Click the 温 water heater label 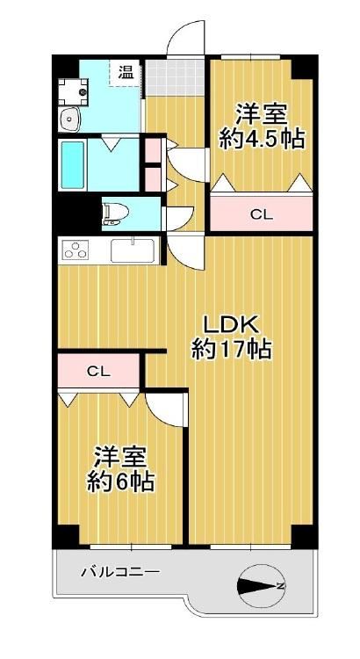click(x=126, y=73)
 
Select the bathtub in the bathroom click(x=73, y=165)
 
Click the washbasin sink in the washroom click(x=69, y=119)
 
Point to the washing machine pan click(x=73, y=91)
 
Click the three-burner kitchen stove click(x=76, y=250)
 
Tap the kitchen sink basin click(x=133, y=251)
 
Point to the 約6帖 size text click(x=119, y=482)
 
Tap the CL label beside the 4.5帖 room click(x=262, y=215)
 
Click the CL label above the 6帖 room click(x=98, y=371)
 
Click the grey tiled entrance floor click(x=175, y=77)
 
